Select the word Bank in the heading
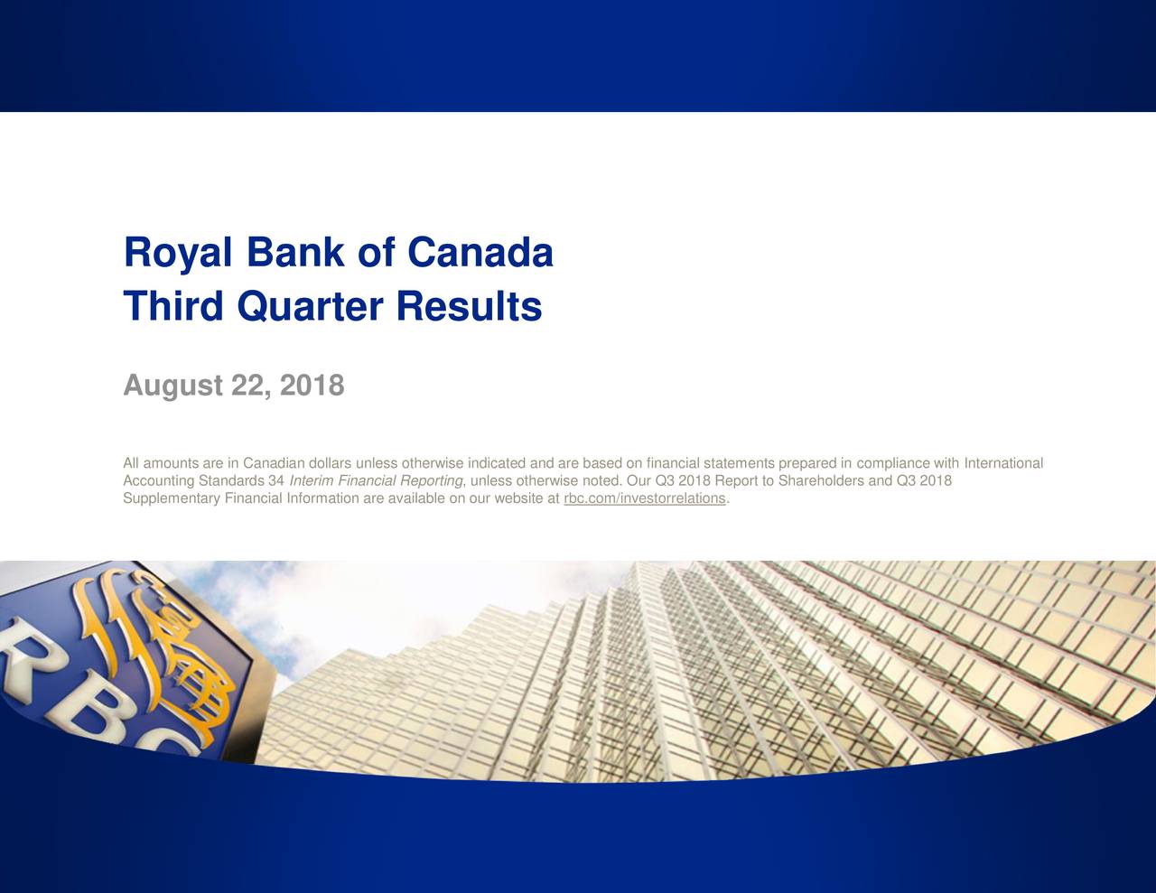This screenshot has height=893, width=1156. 295,252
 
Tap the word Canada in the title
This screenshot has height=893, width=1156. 480,252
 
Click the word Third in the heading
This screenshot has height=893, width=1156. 173,306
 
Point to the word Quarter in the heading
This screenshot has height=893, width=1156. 310,307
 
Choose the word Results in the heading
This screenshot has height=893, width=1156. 470,306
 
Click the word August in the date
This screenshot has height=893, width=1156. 172,386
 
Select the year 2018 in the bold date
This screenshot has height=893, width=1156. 312,385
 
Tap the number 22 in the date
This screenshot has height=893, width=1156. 250,386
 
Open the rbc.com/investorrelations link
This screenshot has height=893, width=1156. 645,498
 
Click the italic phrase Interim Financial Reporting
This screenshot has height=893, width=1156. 376,480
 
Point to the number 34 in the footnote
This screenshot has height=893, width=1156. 276,480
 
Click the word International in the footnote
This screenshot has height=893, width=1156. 1003,463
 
